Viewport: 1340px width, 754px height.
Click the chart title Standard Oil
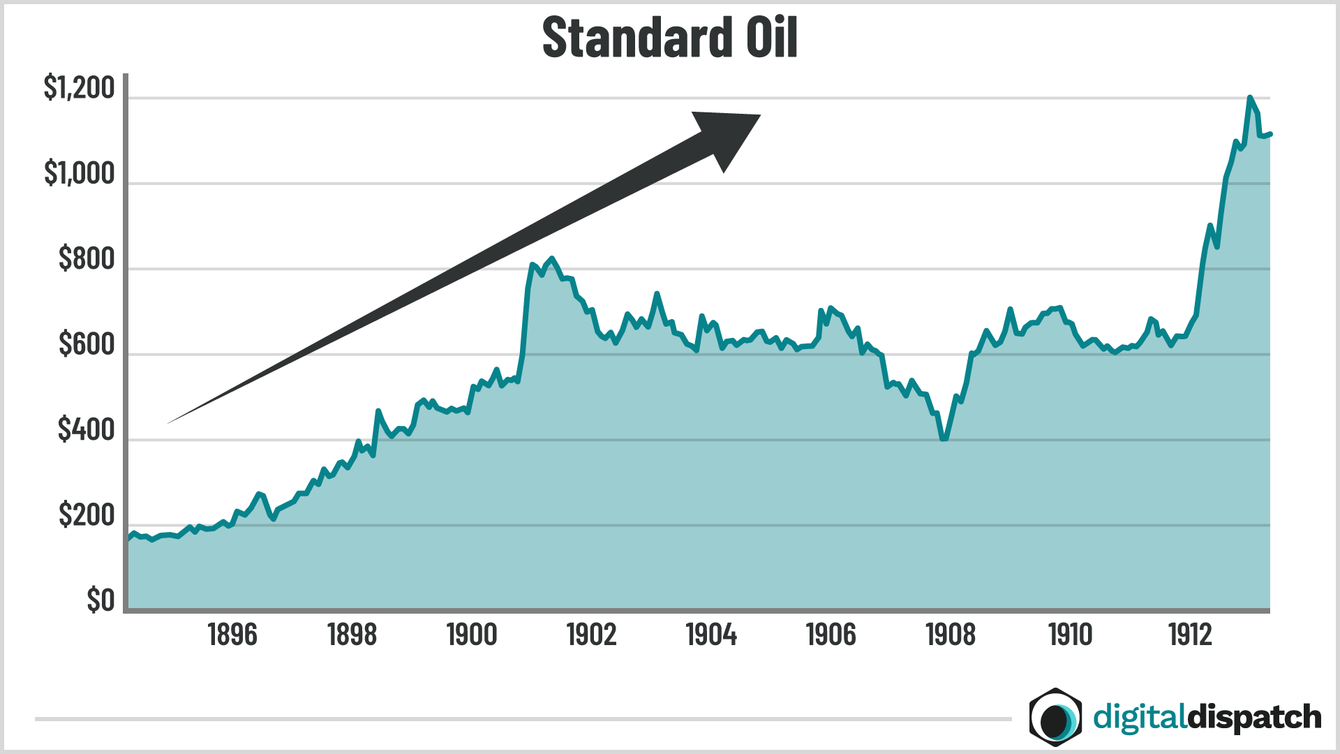(x=669, y=38)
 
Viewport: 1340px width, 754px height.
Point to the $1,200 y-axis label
(x=79, y=89)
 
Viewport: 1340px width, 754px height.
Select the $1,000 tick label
(x=79, y=174)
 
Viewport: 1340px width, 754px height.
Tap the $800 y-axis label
(x=87, y=259)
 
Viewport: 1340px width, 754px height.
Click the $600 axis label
(x=87, y=345)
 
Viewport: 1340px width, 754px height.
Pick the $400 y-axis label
(x=87, y=430)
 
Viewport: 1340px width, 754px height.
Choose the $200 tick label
(x=87, y=515)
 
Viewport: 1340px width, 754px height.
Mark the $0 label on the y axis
(x=100, y=600)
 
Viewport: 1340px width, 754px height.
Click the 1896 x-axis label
(x=232, y=635)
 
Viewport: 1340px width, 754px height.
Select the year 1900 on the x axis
(x=472, y=635)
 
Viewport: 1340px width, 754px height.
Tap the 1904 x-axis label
(x=711, y=635)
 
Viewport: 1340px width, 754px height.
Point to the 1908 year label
(x=951, y=635)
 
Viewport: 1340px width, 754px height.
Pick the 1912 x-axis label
(x=1190, y=635)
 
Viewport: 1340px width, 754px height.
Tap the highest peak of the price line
(x=1249, y=98)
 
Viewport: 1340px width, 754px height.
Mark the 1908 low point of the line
(x=944, y=438)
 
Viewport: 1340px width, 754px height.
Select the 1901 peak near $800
(x=552, y=259)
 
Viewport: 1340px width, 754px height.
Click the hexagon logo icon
(x=1055, y=717)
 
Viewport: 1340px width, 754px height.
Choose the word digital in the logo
(x=1139, y=718)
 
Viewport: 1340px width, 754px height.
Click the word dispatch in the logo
(x=1254, y=718)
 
